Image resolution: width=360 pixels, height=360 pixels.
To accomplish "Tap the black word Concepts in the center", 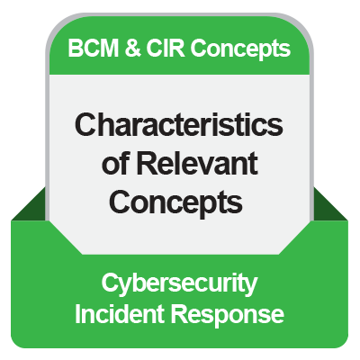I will click(x=180, y=202).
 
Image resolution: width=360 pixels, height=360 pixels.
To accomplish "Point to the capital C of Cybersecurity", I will click(x=109, y=284).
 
